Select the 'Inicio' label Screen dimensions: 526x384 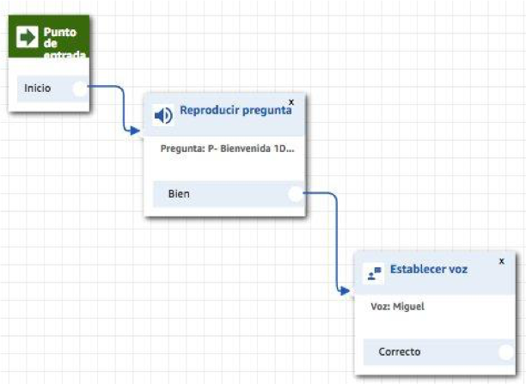pyautogui.click(x=37, y=88)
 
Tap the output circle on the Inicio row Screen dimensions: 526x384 pyautogui.click(x=80, y=88)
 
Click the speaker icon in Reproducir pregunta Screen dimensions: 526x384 pyautogui.click(x=162, y=115)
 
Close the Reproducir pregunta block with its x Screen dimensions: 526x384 pyautogui.click(x=291, y=101)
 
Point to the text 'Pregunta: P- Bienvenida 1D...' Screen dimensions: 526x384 pyautogui.click(x=227, y=148)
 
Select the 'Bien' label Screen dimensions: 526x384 pyautogui.click(x=179, y=194)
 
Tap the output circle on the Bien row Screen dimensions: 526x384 pyautogui.click(x=296, y=194)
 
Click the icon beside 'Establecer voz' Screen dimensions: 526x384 pyautogui.click(x=373, y=273)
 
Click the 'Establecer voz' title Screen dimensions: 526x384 pyautogui.click(x=429, y=269)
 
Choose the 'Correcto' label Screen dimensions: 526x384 pyautogui.click(x=400, y=351)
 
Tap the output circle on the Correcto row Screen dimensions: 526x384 pyautogui.click(x=506, y=351)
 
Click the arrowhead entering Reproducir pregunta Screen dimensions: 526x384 pyautogui.click(x=136, y=131)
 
